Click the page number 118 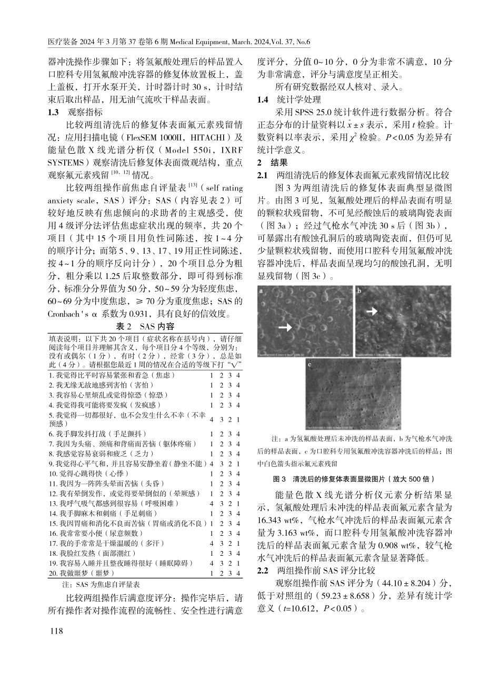point(56,631)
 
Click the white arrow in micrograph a point(285,327)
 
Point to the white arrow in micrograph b point(372,312)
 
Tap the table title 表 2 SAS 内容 point(145,327)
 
